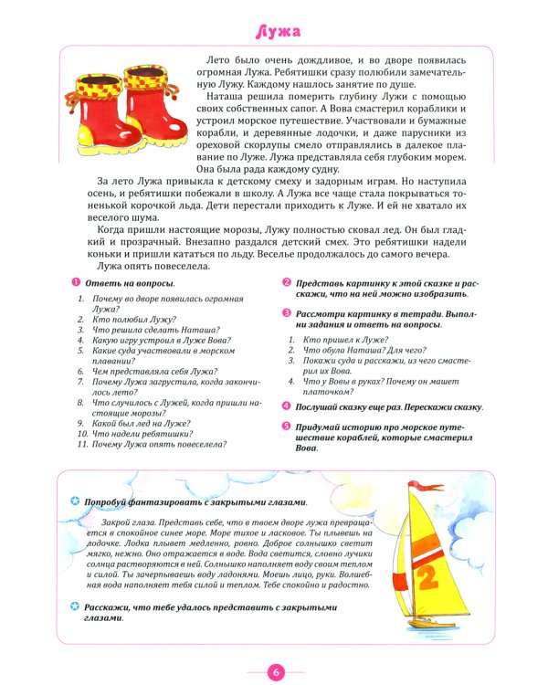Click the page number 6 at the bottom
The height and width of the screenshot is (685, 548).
(x=275, y=672)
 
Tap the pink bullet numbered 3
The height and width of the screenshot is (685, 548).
(x=287, y=312)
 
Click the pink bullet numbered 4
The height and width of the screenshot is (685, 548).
(x=287, y=406)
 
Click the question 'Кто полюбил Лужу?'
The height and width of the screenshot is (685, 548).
(x=121, y=320)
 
